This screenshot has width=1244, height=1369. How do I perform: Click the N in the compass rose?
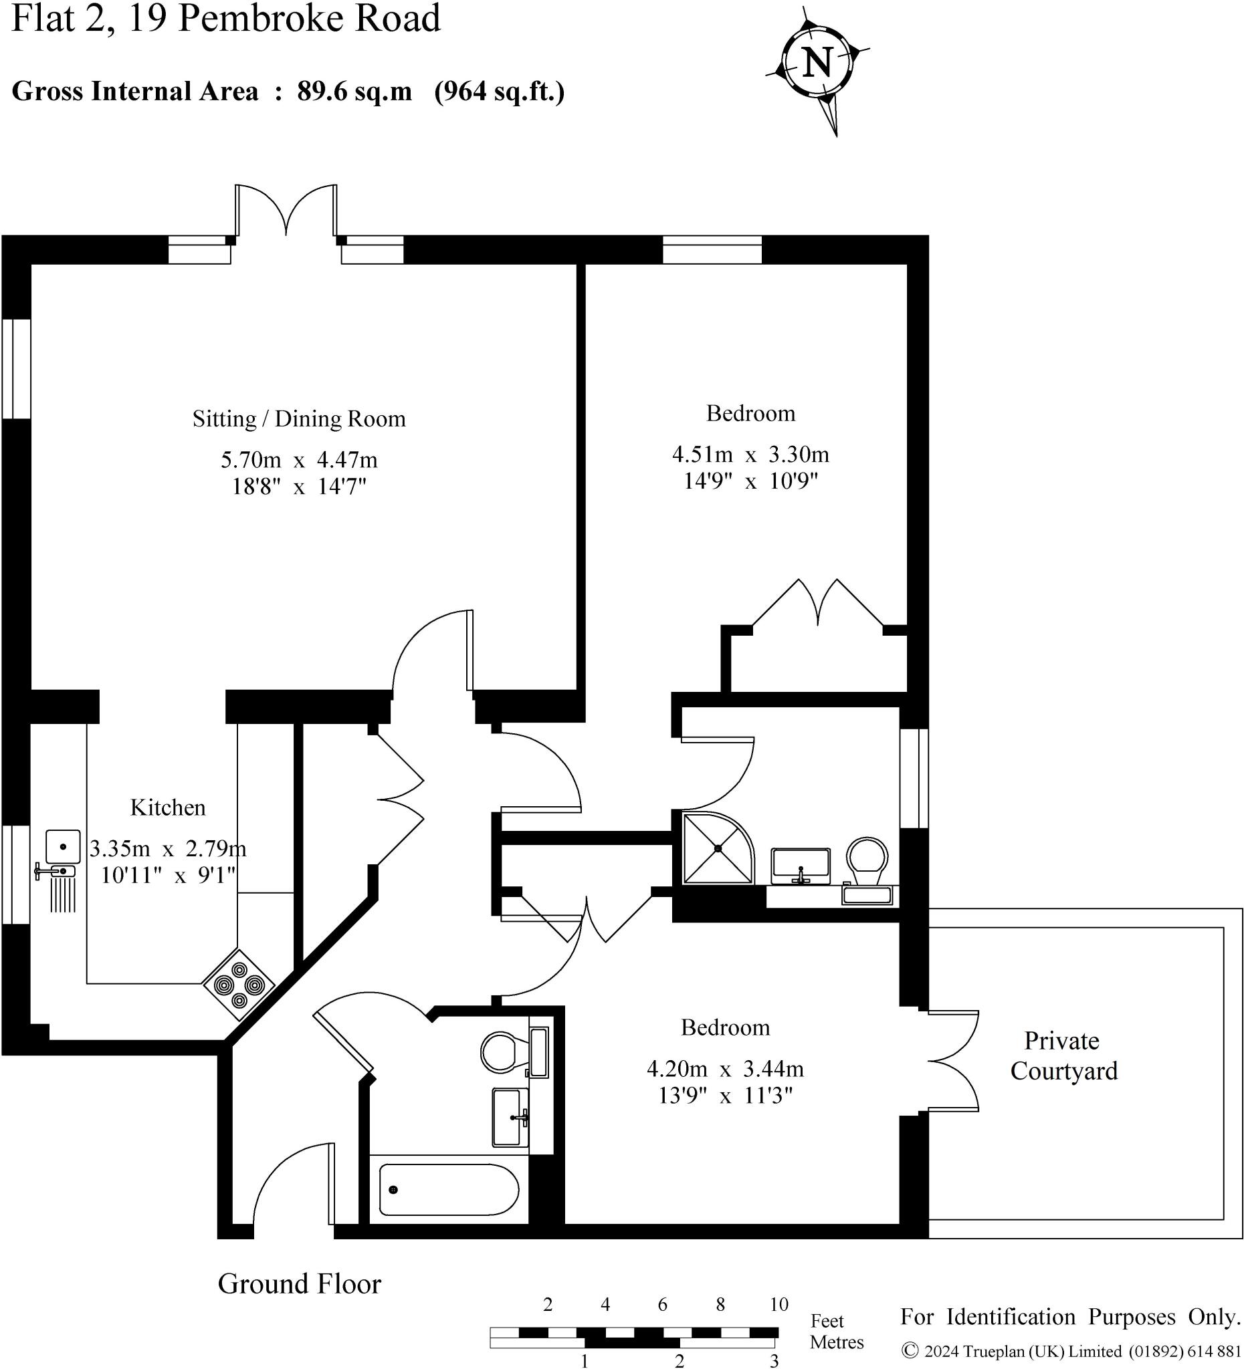point(817,62)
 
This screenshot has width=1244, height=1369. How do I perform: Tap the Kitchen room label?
point(168,807)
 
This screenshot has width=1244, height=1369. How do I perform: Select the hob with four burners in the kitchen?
point(239,984)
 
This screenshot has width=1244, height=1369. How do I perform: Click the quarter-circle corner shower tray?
point(716,849)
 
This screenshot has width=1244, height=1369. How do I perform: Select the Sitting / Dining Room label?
point(299,419)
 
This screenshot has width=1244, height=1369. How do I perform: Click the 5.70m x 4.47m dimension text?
point(299,460)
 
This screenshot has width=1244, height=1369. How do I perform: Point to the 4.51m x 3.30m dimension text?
point(750,454)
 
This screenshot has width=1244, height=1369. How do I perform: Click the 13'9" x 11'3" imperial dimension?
point(725,1096)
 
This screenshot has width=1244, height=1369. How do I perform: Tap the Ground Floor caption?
point(299,1283)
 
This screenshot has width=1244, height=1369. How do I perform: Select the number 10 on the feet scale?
point(779,1303)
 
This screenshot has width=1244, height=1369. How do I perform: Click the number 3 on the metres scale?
point(774,1360)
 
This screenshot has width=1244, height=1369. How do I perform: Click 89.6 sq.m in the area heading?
point(354,91)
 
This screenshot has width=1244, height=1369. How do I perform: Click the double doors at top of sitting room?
point(286,211)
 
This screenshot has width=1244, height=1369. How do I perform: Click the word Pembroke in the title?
point(262,19)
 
